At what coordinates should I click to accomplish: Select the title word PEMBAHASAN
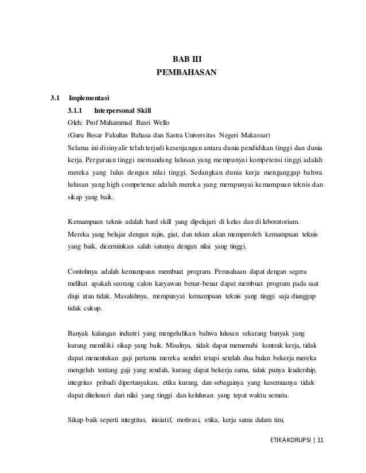click(187, 73)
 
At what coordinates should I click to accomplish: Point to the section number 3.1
click(56, 97)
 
